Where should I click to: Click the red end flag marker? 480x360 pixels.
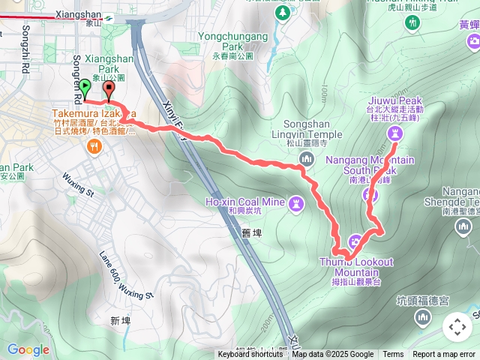click(110, 91)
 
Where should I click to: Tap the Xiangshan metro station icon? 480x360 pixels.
click(110, 18)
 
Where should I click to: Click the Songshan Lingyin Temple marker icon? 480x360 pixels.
click(306, 158)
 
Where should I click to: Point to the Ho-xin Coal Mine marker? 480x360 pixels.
click(296, 203)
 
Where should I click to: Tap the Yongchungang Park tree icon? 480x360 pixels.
click(282, 13)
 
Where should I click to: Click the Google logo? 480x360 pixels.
click(28, 349)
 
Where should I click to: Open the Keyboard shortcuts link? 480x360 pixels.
click(250, 355)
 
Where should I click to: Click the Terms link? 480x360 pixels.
click(393, 355)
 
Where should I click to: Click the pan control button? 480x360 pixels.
click(457, 327)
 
